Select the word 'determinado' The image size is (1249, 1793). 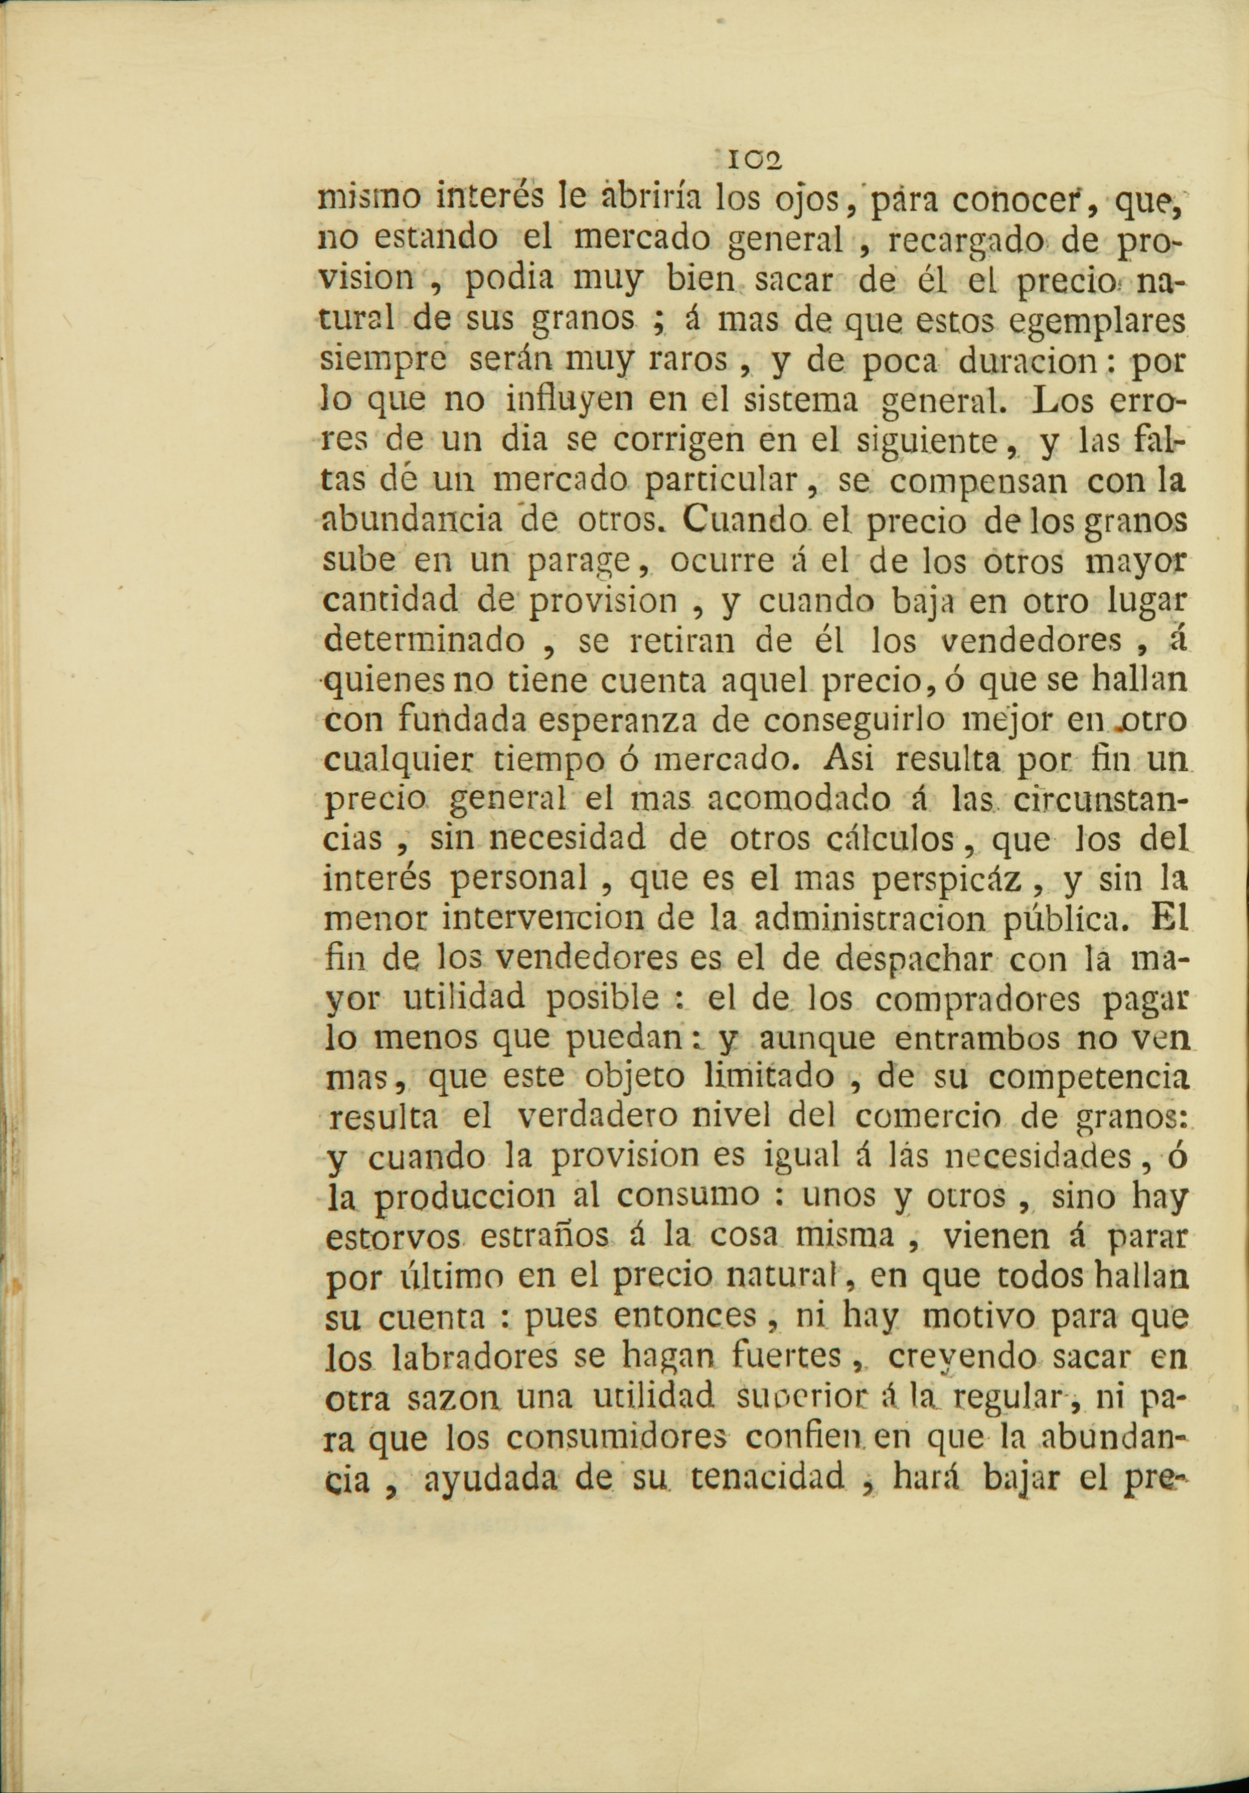426,641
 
